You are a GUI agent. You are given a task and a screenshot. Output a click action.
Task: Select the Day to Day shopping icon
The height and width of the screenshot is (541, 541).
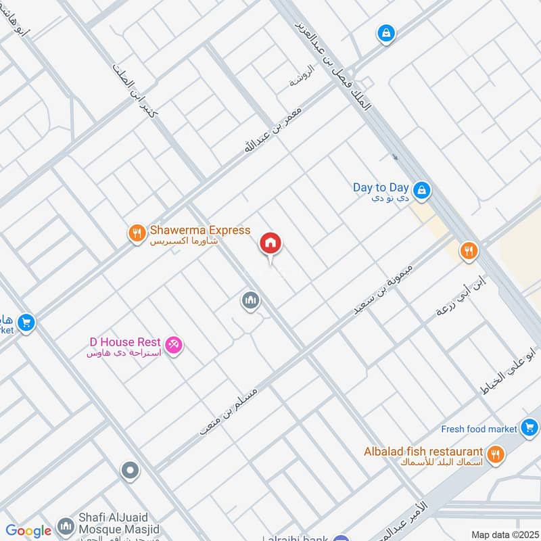[422, 191]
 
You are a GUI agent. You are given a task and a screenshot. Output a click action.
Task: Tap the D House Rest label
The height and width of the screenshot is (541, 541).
[125, 343]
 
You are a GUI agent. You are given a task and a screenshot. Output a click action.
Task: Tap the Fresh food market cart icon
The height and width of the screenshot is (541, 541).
[530, 427]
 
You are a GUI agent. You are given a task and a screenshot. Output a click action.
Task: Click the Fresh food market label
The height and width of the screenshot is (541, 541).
[479, 429]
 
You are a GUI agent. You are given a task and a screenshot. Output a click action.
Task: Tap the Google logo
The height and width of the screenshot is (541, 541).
[28, 531]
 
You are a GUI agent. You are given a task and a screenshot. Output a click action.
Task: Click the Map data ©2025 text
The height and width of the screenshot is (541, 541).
[503, 534]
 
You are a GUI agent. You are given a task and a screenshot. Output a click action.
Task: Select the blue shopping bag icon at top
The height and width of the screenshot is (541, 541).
[386, 32]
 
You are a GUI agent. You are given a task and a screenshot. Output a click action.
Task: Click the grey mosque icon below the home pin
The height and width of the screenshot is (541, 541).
[250, 300]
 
